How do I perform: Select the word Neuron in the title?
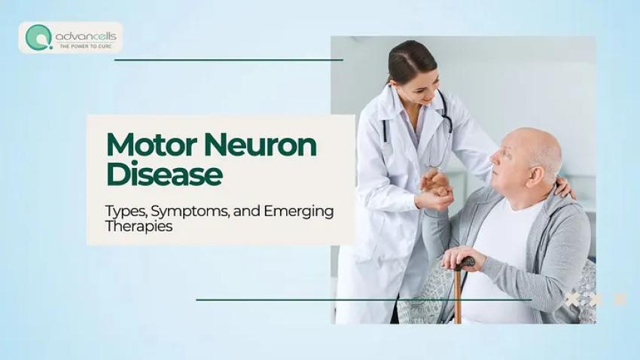pyautogui.click(x=260, y=145)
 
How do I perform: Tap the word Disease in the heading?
pyautogui.click(x=164, y=175)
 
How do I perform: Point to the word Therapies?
pyautogui.click(x=139, y=227)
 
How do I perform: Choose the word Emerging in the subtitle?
pyautogui.click(x=298, y=212)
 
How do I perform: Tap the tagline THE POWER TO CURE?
pyautogui.click(x=86, y=45)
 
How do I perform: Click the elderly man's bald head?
pyautogui.click(x=531, y=143)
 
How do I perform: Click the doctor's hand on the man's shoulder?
pyautogui.click(x=562, y=186)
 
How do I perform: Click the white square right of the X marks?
pyautogui.click(x=620, y=299)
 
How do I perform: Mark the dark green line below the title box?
pyautogui.click(x=361, y=300)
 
